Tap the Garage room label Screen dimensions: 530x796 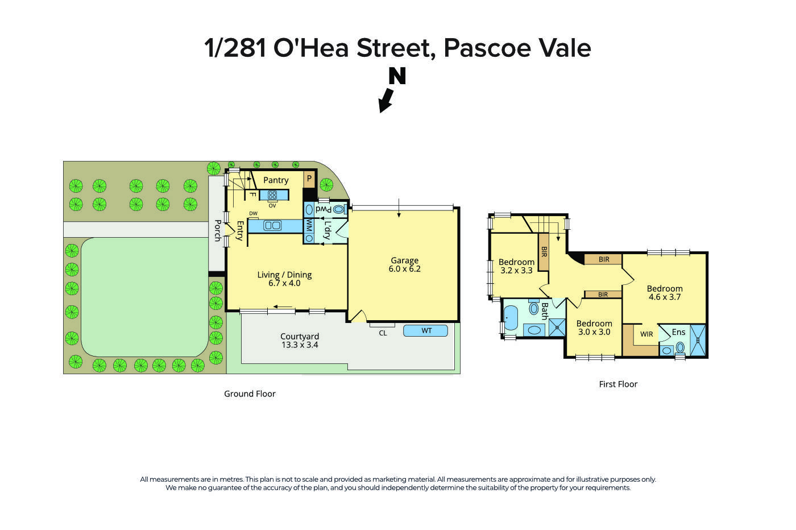pyautogui.click(x=404, y=260)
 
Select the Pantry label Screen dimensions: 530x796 pyautogui.click(x=276, y=180)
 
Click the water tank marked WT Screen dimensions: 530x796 pyautogui.click(x=426, y=330)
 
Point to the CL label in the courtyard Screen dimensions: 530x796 pyautogui.click(x=383, y=333)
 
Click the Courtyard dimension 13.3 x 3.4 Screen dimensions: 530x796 pyautogui.click(x=300, y=345)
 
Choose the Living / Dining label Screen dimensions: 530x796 pyautogui.click(x=284, y=275)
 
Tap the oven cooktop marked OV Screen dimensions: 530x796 pyautogui.click(x=272, y=195)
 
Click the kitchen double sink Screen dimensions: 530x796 pyautogui.click(x=272, y=226)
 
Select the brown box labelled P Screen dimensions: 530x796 pyautogui.click(x=309, y=179)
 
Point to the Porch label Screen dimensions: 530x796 pyautogui.click(x=217, y=230)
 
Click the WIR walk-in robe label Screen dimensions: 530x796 pyautogui.click(x=646, y=334)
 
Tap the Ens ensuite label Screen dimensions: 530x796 pyautogui.click(x=678, y=332)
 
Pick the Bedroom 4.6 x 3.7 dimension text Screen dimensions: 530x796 pyautogui.click(x=665, y=297)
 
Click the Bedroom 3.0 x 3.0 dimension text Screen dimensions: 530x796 pyautogui.click(x=594, y=332)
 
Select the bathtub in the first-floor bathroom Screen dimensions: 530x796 pyautogui.click(x=510, y=318)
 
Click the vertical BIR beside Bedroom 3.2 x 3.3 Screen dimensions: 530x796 pyautogui.click(x=544, y=251)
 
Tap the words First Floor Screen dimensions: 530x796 pyautogui.click(x=618, y=384)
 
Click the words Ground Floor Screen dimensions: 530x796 pyautogui.click(x=250, y=394)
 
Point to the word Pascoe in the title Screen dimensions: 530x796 pyautogui.click(x=487, y=48)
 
